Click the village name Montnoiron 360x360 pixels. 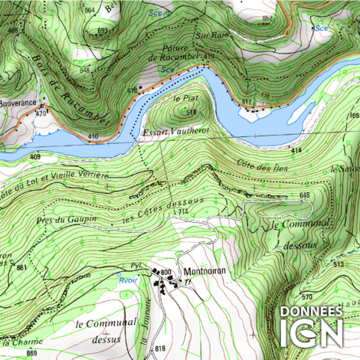pos(203,273)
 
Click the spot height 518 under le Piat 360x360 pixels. pos(191,112)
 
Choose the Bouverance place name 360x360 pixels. pos(18,101)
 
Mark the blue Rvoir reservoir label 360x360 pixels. pos(126,280)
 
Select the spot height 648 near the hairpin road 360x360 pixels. pos(304,196)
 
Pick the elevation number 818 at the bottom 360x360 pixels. pos(159,349)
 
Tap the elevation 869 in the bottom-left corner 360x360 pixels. pos(31,352)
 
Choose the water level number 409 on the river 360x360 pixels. pos(35,156)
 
